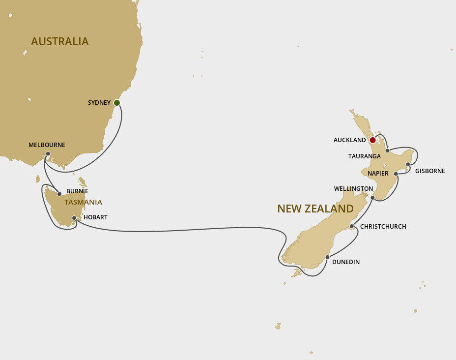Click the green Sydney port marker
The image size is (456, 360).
click(x=117, y=103)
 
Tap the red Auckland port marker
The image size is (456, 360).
click(x=372, y=140)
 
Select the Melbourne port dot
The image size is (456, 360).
click(x=48, y=154)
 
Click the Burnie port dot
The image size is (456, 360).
click(x=59, y=194)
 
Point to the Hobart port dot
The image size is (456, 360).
click(x=74, y=218)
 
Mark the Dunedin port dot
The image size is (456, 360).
click(x=327, y=257)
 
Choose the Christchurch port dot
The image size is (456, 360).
click(x=351, y=227)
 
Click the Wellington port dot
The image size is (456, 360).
click(x=372, y=198)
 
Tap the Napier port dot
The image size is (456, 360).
click(x=396, y=174)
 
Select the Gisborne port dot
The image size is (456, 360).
click(x=408, y=164)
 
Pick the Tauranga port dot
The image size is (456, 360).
click(x=388, y=150)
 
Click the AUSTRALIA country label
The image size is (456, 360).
click(x=59, y=41)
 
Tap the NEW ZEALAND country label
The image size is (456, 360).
click(x=315, y=209)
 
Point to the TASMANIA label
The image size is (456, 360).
click(x=83, y=202)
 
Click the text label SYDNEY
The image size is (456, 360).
click(x=99, y=103)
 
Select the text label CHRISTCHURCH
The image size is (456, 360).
click(x=383, y=227)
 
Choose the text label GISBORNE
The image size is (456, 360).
click(x=430, y=171)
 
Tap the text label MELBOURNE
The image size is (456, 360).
click(x=47, y=145)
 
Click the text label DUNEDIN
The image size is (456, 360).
click(x=346, y=262)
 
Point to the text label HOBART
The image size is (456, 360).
click(x=95, y=217)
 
